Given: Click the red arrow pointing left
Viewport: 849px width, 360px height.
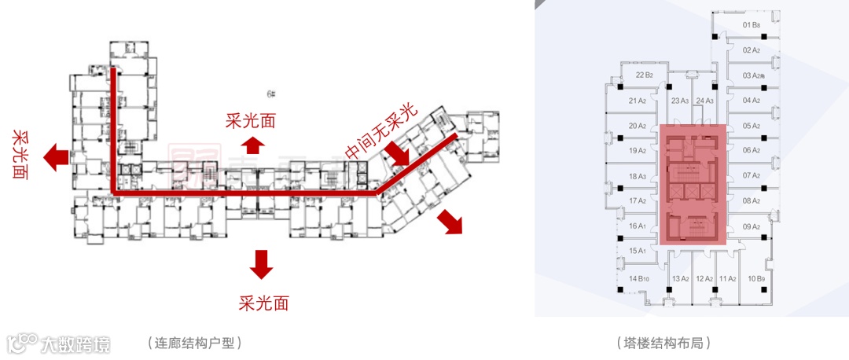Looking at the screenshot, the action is pyautogui.click(x=55, y=157).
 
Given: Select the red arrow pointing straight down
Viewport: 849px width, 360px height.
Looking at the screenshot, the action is pyautogui.click(x=260, y=264).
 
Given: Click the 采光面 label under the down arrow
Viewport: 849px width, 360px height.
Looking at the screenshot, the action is pyautogui.click(x=259, y=302).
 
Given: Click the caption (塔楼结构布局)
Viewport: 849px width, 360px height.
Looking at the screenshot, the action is pyautogui.click(x=664, y=343).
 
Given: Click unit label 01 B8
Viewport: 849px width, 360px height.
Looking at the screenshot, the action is pyautogui.click(x=752, y=25).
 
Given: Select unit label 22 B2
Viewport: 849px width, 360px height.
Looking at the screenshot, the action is pyautogui.click(x=645, y=75).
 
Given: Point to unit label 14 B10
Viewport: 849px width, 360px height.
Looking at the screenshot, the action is pyautogui.click(x=638, y=278).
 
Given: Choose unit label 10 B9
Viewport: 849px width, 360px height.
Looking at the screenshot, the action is pyautogui.click(x=757, y=278).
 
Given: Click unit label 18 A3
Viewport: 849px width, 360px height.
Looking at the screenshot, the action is pyautogui.click(x=638, y=177).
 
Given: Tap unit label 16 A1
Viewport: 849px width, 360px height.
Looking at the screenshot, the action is pyautogui.click(x=638, y=226).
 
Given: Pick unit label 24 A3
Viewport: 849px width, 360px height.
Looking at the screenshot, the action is pyautogui.click(x=704, y=101).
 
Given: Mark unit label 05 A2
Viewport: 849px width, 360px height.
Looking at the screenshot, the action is pyautogui.click(x=752, y=126).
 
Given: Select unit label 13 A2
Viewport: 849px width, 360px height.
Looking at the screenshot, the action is pyautogui.click(x=681, y=278).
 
